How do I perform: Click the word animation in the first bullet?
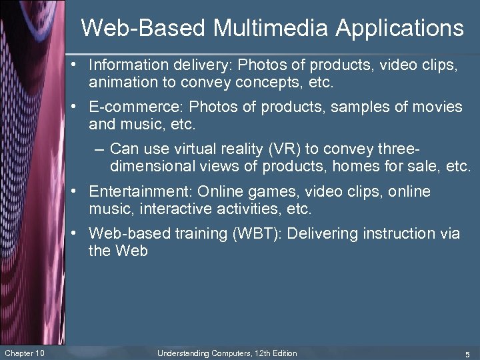coord(119,83)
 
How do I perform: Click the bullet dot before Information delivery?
coord(79,65)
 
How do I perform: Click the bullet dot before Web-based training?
coord(79,233)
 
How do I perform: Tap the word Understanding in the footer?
coord(183,353)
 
